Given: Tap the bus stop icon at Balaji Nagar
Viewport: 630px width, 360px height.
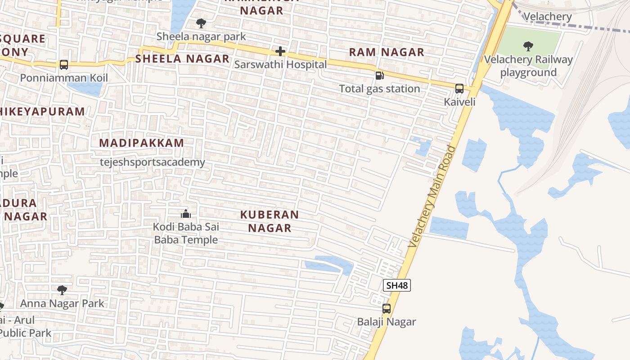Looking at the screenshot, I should point(387,309).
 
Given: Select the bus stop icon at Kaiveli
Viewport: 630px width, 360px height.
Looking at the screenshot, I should point(459,89).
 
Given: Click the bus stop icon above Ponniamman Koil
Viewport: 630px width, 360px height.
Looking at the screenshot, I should point(64,65).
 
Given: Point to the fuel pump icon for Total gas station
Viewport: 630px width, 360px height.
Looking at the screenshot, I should point(380,75).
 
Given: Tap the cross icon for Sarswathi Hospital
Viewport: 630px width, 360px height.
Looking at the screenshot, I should point(280,51).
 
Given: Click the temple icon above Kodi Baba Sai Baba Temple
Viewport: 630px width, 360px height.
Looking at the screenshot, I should point(185,214).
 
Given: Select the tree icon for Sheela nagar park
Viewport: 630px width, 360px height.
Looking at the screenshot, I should point(201,23).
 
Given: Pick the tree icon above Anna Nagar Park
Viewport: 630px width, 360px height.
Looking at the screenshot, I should point(62,290).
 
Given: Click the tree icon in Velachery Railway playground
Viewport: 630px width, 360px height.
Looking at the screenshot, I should point(528,46).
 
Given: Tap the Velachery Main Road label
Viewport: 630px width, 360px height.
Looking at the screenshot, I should point(432,196).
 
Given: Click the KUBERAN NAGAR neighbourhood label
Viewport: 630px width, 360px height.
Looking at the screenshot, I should point(270,221).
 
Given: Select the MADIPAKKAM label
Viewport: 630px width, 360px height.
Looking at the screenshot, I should point(142,143).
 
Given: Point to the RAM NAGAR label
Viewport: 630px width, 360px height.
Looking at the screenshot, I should point(387,52).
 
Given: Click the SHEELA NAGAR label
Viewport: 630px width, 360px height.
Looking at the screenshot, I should point(183,58).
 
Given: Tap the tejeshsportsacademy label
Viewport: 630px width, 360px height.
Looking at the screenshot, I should point(153,162).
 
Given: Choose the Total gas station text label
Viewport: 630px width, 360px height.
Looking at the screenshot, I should point(379,89).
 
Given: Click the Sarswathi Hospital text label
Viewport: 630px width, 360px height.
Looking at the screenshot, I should point(280,64).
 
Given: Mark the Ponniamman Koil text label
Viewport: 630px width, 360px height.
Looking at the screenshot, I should point(64,78).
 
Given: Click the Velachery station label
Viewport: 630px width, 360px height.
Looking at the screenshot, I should point(548,17).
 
